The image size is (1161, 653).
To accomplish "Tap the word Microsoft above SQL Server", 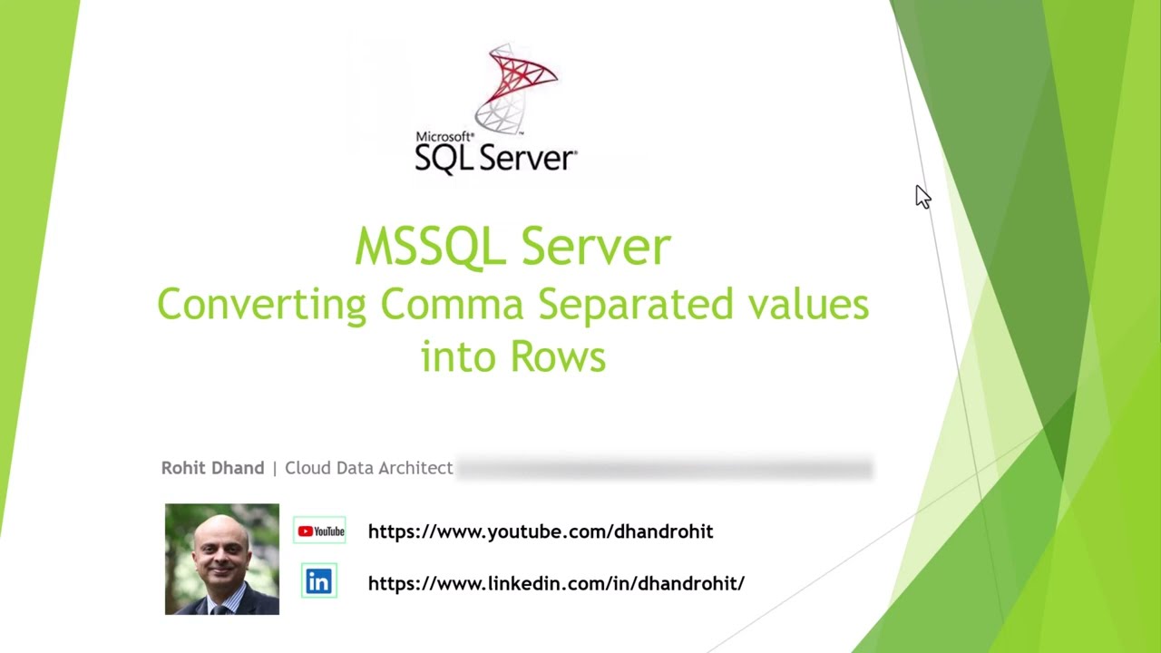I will coord(444,137).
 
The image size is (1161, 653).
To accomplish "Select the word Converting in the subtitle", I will coord(262,305).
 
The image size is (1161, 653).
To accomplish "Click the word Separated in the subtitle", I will coord(636,305).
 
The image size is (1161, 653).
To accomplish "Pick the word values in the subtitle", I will coord(808,304).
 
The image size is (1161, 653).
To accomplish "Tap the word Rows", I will coord(558,356).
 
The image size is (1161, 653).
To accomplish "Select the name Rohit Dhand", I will coord(212,468).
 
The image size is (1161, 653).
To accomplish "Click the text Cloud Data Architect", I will coord(368,468).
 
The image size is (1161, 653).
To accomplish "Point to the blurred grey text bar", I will coord(664,469).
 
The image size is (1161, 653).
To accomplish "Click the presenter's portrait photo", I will coord(222,559).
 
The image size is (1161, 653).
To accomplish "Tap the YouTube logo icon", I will coord(320,531).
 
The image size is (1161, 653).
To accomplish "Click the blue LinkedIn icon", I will coord(318,582).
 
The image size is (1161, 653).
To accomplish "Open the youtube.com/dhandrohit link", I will coord(541,531).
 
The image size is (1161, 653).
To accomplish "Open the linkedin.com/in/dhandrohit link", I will coord(556,583).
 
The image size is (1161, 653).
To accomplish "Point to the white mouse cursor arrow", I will coord(922,197).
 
